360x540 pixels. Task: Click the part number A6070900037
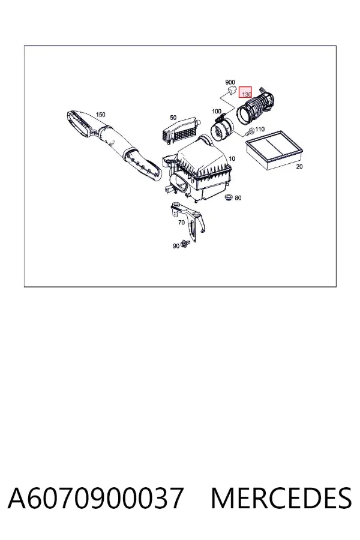tap(95, 498)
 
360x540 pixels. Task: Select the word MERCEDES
tap(281, 498)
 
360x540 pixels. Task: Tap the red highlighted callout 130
tap(245, 92)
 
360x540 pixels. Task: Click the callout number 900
tap(230, 82)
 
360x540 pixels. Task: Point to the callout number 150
tap(100, 115)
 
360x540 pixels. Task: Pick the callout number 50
tap(173, 118)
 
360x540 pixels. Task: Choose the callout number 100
tap(217, 111)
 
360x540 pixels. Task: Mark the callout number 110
tap(260, 129)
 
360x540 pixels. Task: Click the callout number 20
tap(299, 167)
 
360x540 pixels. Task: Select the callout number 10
tap(232, 159)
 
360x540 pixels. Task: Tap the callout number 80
tap(238, 198)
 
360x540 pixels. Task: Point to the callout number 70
tap(182, 223)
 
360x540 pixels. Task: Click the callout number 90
tap(176, 246)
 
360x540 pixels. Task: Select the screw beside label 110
tap(250, 131)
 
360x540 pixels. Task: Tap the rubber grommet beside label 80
tap(228, 197)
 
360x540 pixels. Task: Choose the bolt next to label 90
tap(185, 244)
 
